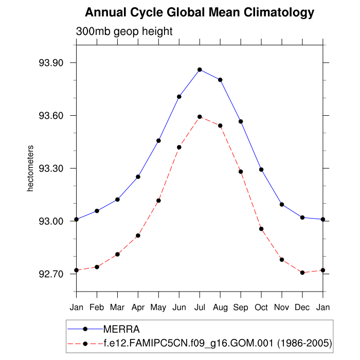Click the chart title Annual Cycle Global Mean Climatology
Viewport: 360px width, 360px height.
(x=200, y=12)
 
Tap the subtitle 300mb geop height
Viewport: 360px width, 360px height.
(x=124, y=31)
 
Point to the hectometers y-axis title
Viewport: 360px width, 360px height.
(x=30, y=169)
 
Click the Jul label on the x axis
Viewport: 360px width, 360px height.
(x=200, y=308)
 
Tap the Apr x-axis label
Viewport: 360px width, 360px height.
(x=138, y=308)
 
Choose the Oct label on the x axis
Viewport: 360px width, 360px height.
(x=261, y=308)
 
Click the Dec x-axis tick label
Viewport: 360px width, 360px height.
(x=302, y=308)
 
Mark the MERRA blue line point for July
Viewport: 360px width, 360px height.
(x=200, y=69)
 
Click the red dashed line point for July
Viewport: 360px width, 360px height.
(x=200, y=117)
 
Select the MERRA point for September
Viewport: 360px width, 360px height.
(x=241, y=121)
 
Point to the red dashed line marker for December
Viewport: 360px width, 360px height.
(x=302, y=273)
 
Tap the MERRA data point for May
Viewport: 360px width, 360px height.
(x=158, y=140)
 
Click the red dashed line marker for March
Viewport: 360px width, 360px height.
(x=117, y=254)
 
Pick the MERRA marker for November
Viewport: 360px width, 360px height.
(x=282, y=204)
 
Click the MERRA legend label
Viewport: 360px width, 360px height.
(x=122, y=329)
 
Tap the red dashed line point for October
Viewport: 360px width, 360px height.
(x=261, y=229)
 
